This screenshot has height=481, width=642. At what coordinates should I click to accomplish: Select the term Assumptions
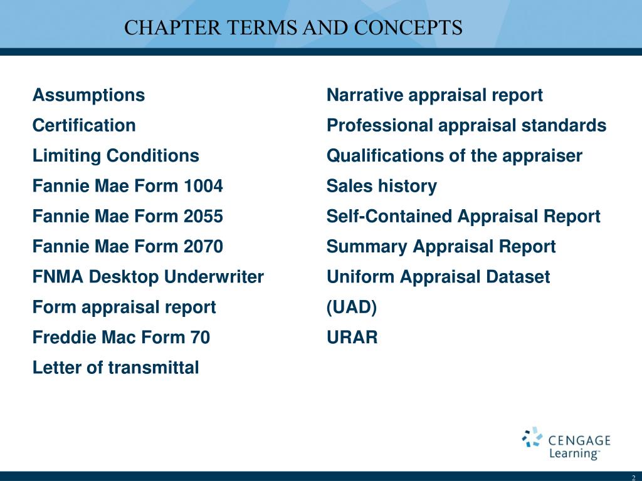[88, 96]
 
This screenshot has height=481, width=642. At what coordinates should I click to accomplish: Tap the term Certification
[84, 126]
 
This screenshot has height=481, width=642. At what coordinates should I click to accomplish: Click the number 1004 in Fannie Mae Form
[204, 186]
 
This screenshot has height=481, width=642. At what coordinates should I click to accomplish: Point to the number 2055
[204, 217]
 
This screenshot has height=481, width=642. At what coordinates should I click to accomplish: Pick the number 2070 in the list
[204, 247]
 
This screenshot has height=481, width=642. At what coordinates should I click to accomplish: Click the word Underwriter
[218, 277]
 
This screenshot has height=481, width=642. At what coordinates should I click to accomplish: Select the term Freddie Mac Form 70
[121, 338]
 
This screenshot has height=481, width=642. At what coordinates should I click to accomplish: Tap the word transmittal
[154, 368]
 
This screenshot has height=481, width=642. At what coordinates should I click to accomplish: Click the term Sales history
[381, 186]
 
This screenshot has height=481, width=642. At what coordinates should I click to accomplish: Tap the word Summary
[367, 247]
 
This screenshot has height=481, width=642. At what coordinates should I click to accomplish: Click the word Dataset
[520, 277]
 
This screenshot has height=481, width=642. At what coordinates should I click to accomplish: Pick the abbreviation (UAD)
[352, 307]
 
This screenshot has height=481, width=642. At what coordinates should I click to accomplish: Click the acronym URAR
[352, 338]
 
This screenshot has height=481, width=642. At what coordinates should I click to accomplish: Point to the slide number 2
[633, 477]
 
